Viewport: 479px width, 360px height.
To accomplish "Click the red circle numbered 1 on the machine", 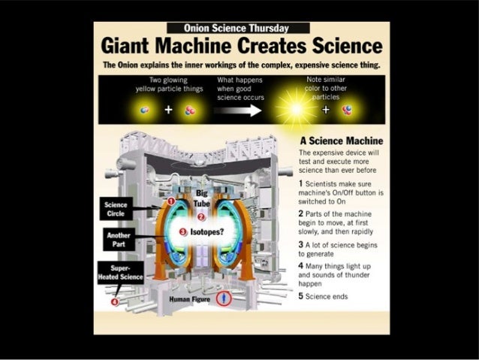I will pyautogui.click(x=171, y=202).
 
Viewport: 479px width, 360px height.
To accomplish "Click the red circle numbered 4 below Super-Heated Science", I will pyautogui.click(x=114, y=302).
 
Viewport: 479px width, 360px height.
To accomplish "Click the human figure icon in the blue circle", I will pyautogui.click(x=222, y=299).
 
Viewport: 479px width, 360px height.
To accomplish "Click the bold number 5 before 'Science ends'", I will pyautogui.click(x=301, y=295).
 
